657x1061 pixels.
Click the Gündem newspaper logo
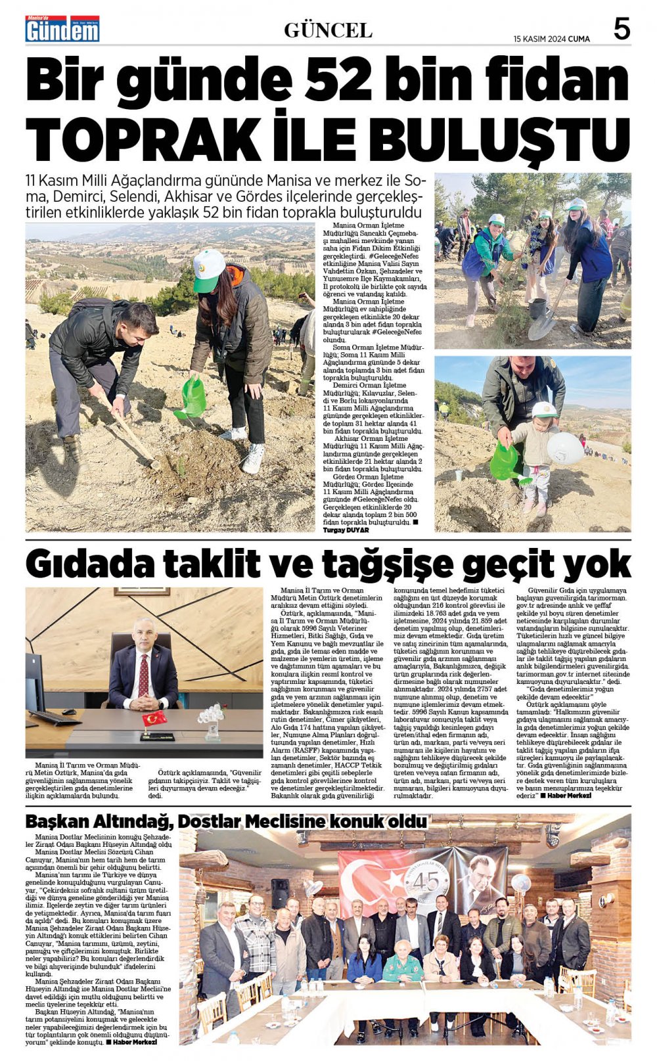click(62, 29)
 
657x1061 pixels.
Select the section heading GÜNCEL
click(328, 30)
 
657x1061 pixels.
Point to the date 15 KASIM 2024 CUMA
click(551, 39)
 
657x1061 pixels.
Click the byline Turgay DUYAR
click(346, 530)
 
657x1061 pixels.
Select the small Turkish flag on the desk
click(154, 718)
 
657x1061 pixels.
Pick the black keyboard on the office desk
click(55, 717)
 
